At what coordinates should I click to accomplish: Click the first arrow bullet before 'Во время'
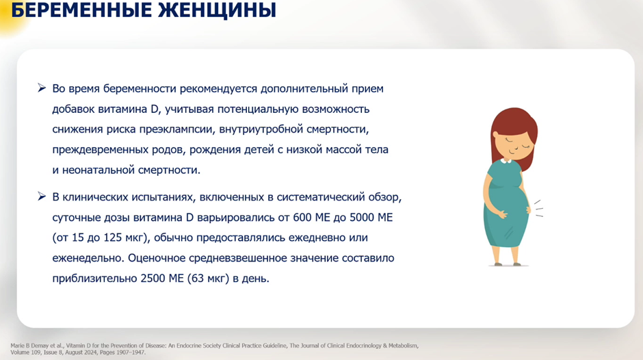coord(42,88)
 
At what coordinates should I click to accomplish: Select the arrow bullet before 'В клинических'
coord(42,196)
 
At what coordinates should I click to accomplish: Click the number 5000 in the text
coord(362,217)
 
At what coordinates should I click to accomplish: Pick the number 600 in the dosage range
coord(302,217)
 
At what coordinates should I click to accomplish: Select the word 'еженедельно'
coord(87,258)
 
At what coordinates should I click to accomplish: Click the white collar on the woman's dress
coord(506,161)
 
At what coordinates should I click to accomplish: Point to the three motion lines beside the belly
coord(538,209)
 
